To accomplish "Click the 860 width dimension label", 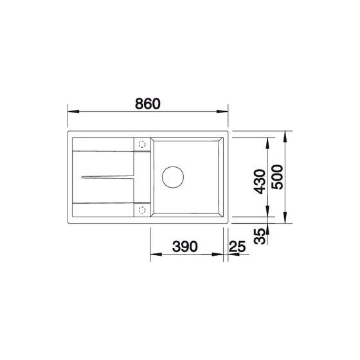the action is [148, 104].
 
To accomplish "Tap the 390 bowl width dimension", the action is [185, 247].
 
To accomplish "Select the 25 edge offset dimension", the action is [237, 247].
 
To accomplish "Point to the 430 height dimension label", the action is [260, 181].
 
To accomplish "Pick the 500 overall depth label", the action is [277, 177].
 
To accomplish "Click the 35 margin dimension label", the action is [260, 236].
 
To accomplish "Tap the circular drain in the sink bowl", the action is [173, 177].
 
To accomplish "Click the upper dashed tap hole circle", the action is [142, 145].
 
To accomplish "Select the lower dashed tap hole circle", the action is [142, 210].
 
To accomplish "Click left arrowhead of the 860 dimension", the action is [73, 112].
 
